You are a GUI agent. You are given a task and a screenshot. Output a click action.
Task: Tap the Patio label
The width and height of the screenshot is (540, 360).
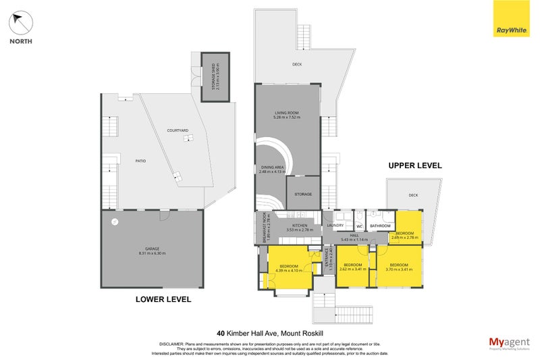(x=140, y=161)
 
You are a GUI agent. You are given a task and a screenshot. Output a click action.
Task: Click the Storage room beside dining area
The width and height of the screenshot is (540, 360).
(x=302, y=194)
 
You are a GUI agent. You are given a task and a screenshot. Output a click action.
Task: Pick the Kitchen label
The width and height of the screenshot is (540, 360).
(x=300, y=225)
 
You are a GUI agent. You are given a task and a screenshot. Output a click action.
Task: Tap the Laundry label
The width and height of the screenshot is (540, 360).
(x=336, y=225)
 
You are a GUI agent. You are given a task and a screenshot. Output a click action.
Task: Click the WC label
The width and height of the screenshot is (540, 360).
(x=360, y=226)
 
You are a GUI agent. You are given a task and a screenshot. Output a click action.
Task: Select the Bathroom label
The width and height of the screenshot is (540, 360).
(x=381, y=226)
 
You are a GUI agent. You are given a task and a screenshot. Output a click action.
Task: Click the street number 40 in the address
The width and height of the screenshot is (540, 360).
(x=221, y=333)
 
